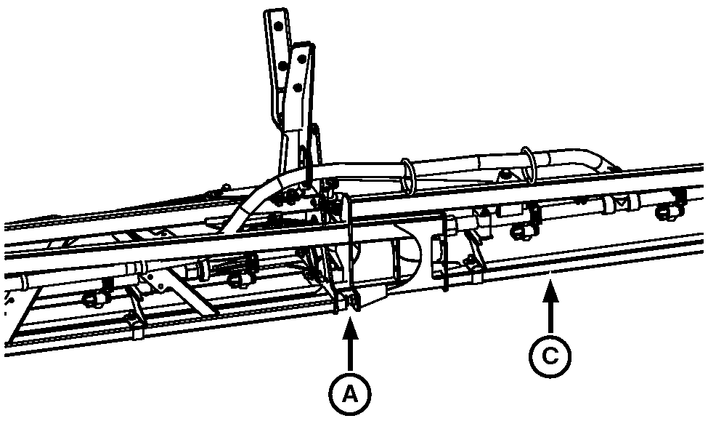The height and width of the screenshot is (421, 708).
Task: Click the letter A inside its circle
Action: point(349,394)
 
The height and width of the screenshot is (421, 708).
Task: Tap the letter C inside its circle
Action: point(550,356)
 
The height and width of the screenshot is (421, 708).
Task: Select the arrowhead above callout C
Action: point(550,290)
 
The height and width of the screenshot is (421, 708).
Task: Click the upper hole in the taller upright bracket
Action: point(279,27)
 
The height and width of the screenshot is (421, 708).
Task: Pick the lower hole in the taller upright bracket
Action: point(283,66)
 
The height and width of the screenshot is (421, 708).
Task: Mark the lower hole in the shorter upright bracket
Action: point(298,87)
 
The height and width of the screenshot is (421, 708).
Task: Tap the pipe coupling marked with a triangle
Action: point(623,204)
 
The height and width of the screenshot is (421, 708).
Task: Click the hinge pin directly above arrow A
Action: point(348,302)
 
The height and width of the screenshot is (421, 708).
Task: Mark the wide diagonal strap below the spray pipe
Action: point(186,292)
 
